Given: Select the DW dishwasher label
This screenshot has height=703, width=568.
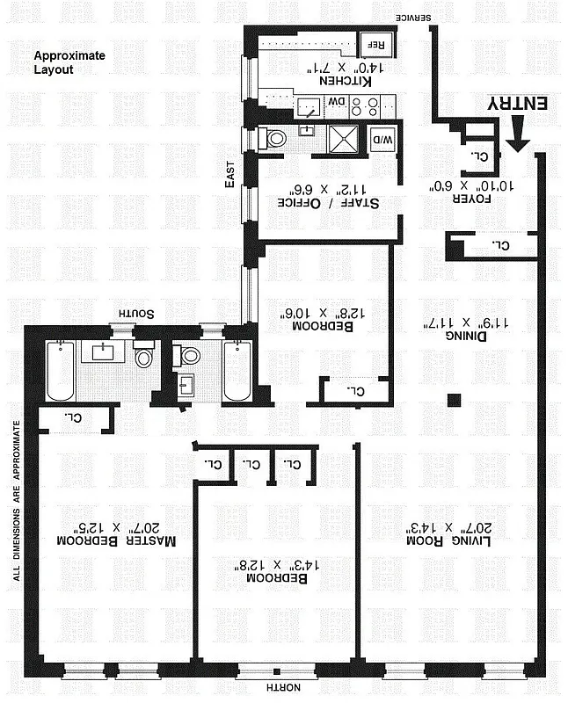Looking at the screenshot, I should [x=337, y=103].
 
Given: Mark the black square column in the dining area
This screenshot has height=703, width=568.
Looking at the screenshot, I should [x=453, y=400].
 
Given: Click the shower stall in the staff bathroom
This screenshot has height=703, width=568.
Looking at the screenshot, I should [x=340, y=139].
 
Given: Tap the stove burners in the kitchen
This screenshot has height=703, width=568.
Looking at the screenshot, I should [x=365, y=106].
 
